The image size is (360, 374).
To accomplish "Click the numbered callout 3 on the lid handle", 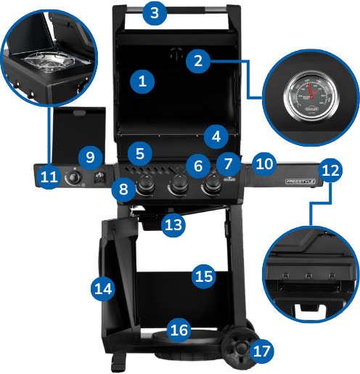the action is [x=155, y=13].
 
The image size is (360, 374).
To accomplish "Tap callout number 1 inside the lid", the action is [x=142, y=81].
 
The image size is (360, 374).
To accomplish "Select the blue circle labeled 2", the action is [x=198, y=61].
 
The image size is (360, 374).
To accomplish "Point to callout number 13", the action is [x=173, y=225].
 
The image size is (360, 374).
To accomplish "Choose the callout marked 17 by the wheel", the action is [x=262, y=351].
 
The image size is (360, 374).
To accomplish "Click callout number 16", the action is [x=179, y=330].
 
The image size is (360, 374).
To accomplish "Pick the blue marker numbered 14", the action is [x=103, y=288].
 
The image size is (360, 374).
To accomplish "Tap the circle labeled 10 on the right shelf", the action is [x=264, y=164].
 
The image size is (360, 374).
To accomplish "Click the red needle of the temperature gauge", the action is [x=310, y=92].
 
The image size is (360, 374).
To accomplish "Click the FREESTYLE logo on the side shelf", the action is [x=300, y=182].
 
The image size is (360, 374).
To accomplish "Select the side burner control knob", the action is [x=73, y=178].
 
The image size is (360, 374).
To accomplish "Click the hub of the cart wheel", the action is [x=241, y=348].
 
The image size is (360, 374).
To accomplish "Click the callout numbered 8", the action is [x=123, y=190].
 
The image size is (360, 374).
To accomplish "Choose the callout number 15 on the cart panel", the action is [x=204, y=277].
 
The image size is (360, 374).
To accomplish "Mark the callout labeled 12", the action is [x=330, y=171].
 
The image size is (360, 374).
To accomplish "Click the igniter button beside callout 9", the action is [x=100, y=176].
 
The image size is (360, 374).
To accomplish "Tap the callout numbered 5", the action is [x=140, y=154].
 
